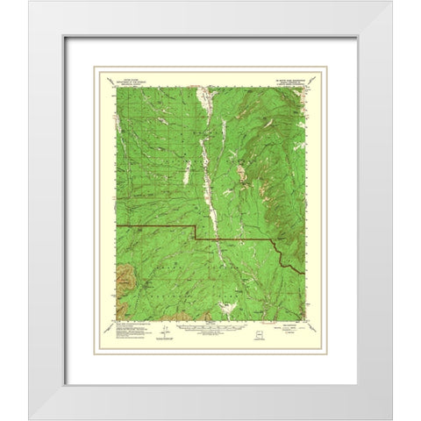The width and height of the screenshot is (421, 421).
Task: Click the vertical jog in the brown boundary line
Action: (195, 232)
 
